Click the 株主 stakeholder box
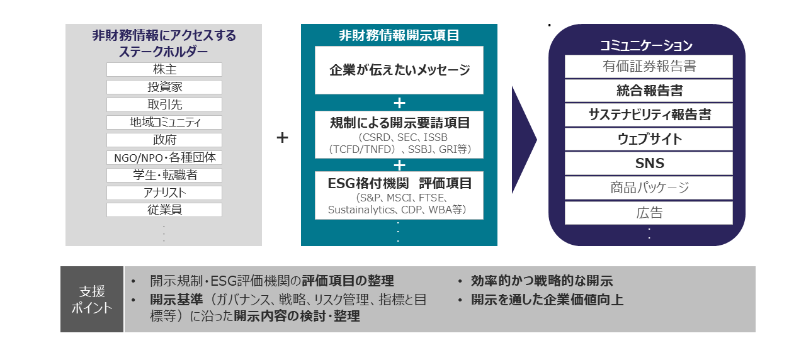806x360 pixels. pos(164,69)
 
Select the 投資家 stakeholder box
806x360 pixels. pos(164,87)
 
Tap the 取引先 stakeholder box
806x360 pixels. pos(164,104)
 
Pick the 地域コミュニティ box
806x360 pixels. pos(164,122)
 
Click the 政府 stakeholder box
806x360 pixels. pos(164,140)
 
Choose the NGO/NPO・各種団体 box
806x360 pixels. pos(164,157)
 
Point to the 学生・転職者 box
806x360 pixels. pos(164,175)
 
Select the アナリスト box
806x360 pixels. pos(164,193)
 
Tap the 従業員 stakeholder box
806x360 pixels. pos(164,210)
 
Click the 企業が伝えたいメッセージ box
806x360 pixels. pos(399,70)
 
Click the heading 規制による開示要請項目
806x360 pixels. pos(399,123)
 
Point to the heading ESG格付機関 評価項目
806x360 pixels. pos(399,183)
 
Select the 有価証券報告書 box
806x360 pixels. pos(649,66)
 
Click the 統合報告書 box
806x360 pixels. pos(649,91)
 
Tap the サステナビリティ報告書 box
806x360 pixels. pos(649,115)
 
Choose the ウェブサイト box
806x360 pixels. pos(649,139)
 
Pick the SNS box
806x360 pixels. pos(649,164)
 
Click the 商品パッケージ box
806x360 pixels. pos(649,188)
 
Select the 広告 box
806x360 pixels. pos(649,213)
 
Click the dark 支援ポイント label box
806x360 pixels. pos(92,300)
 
